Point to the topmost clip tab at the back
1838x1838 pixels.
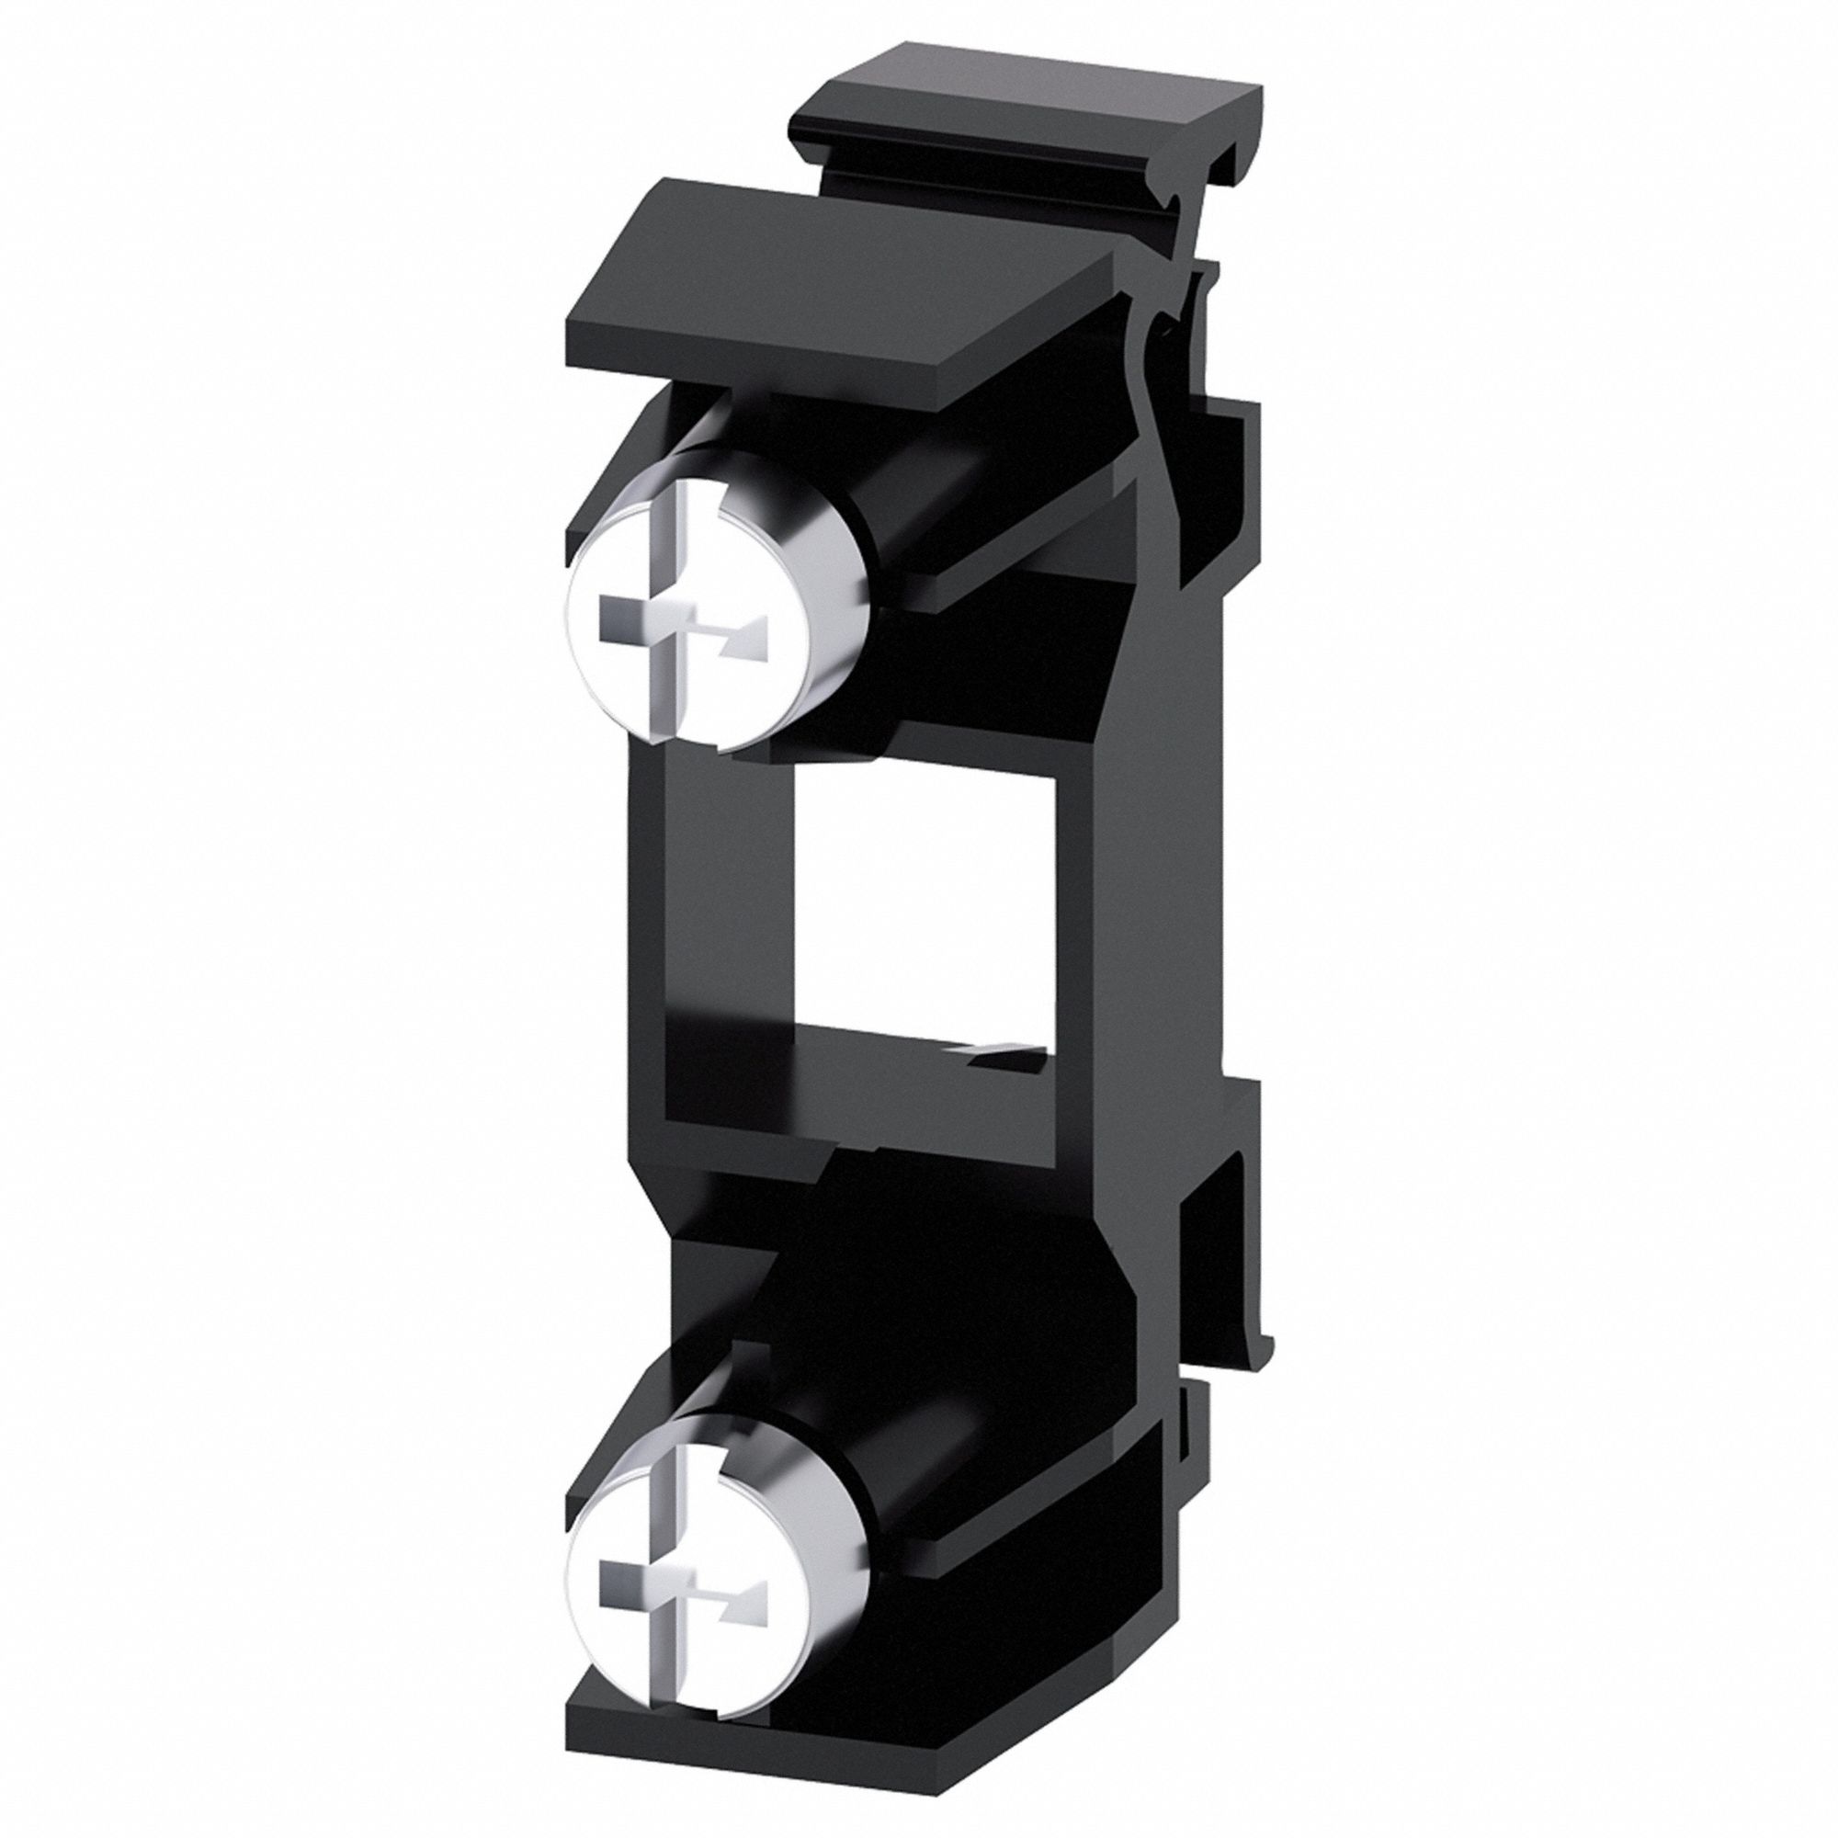click(1027, 142)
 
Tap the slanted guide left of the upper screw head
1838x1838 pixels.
click(609, 485)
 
